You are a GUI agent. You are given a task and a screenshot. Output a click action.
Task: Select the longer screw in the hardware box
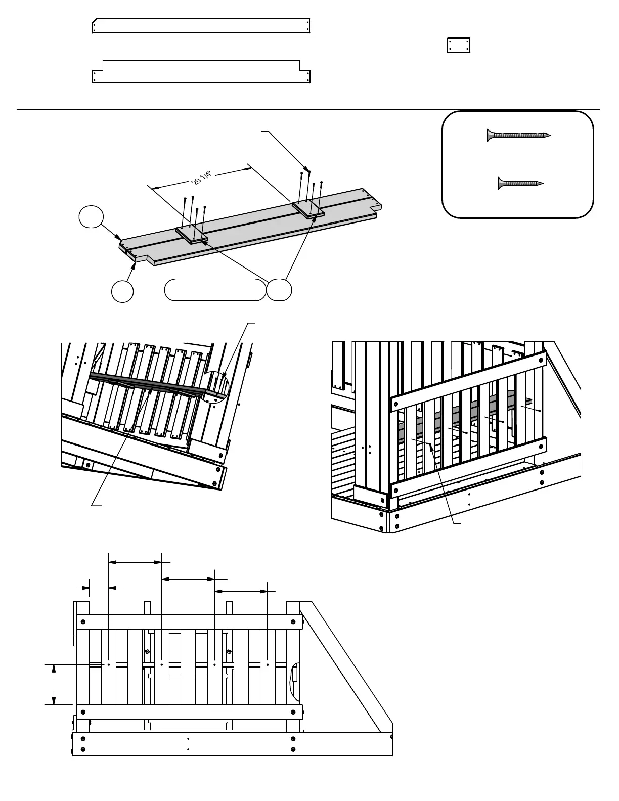click(x=518, y=136)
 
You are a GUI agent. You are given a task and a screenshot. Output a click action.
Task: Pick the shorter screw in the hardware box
click(x=520, y=183)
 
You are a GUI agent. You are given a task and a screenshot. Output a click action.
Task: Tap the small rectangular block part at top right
click(x=459, y=45)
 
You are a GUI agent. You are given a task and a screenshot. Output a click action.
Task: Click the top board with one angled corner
click(x=201, y=26)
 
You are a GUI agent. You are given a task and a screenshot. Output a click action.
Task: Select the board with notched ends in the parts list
click(x=201, y=71)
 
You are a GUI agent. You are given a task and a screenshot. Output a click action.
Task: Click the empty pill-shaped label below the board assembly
click(x=215, y=289)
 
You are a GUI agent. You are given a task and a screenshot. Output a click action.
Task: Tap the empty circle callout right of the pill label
click(x=280, y=290)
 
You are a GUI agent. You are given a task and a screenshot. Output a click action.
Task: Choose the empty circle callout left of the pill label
click(x=122, y=292)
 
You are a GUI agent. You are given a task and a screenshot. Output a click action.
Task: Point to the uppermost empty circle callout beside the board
click(x=91, y=217)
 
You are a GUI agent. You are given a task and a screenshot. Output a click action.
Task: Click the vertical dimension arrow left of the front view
click(x=54, y=684)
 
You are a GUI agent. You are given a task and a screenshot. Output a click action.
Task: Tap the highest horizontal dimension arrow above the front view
click(x=136, y=561)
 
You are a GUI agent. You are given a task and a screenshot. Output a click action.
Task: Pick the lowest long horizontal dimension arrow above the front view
click(x=241, y=591)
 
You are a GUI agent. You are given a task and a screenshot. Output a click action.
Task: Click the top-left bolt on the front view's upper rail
click(x=83, y=621)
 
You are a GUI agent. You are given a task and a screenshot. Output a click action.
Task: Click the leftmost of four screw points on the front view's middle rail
click(x=109, y=664)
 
